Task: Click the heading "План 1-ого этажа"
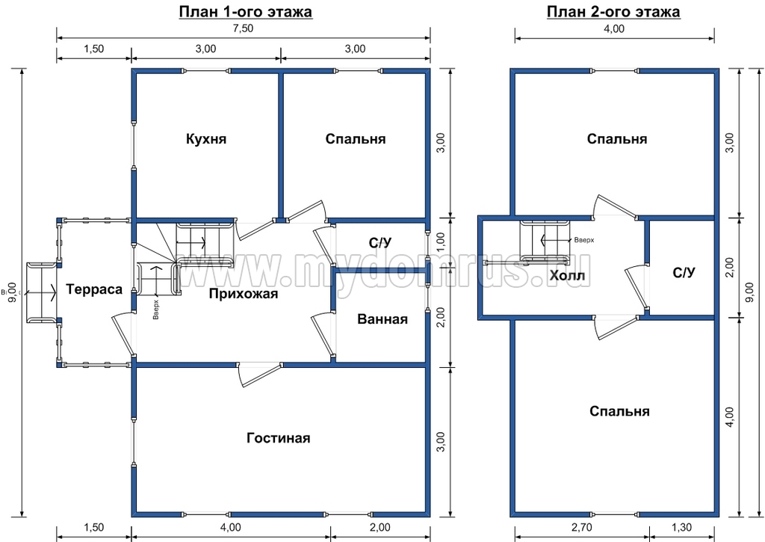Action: (245, 11)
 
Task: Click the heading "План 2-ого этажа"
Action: (613, 11)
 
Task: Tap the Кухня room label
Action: (206, 138)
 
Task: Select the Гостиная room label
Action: (278, 437)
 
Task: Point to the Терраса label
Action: (94, 289)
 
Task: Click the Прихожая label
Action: (244, 294)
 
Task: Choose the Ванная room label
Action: (382, 319)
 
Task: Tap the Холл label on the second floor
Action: (567, 277)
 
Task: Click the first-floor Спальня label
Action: (355, 138)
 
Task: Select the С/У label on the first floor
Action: (380, 243)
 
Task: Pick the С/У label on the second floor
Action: (684, 272)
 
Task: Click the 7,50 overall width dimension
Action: (243, 28)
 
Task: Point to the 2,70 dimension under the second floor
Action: (581, 527)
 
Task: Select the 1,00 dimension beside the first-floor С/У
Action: (440, 243)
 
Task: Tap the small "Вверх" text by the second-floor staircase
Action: (584, 240)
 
